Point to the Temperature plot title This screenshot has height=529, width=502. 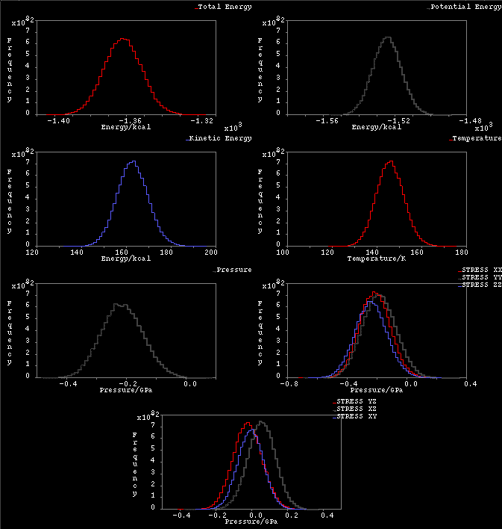(x=477, y=138)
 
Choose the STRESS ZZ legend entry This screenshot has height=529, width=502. (x=481, y=285)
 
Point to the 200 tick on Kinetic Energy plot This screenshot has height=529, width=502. (x=216, y=252)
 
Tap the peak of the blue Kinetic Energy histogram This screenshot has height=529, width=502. (x=133, y=162)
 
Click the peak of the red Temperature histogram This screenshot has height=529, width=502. (x=389, y=162)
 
